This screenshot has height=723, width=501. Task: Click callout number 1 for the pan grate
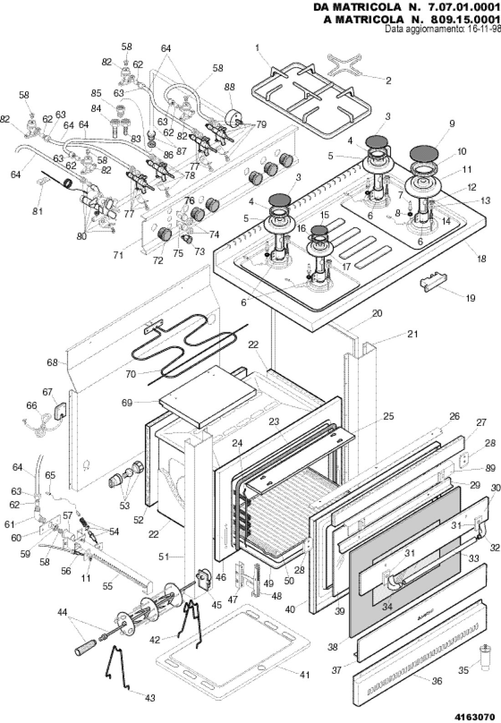[x=257, y=47]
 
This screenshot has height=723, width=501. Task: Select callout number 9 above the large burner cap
[x=452, y=123]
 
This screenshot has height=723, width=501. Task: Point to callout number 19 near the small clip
[x=470, y=298]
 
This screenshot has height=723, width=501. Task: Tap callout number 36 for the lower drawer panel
[x=437, y=682]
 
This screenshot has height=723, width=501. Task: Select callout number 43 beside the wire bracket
[x=150, y=697]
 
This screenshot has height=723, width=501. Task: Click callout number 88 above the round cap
[x=230, y=87]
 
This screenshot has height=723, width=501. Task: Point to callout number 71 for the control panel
[x=118, y=256]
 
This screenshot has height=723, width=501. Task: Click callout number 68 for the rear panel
[x=52, y=363]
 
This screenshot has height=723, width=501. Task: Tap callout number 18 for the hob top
[x=481, y=259]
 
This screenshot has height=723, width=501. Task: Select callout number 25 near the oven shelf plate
[x=389, y=416]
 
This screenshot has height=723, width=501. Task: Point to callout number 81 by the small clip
[x=37, y=211]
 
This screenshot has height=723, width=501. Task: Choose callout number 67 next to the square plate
[x=47, y=392]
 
